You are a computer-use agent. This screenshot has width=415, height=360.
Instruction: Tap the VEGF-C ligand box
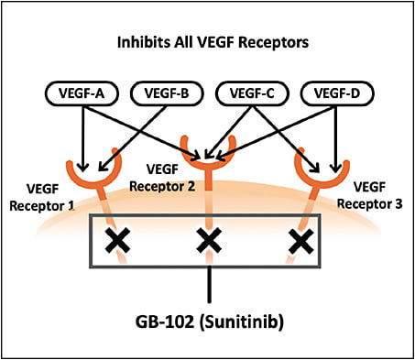(247, 93)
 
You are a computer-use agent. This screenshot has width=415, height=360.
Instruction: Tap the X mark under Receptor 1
(115, 242)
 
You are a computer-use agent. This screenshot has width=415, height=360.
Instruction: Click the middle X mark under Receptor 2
(210, 242)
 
